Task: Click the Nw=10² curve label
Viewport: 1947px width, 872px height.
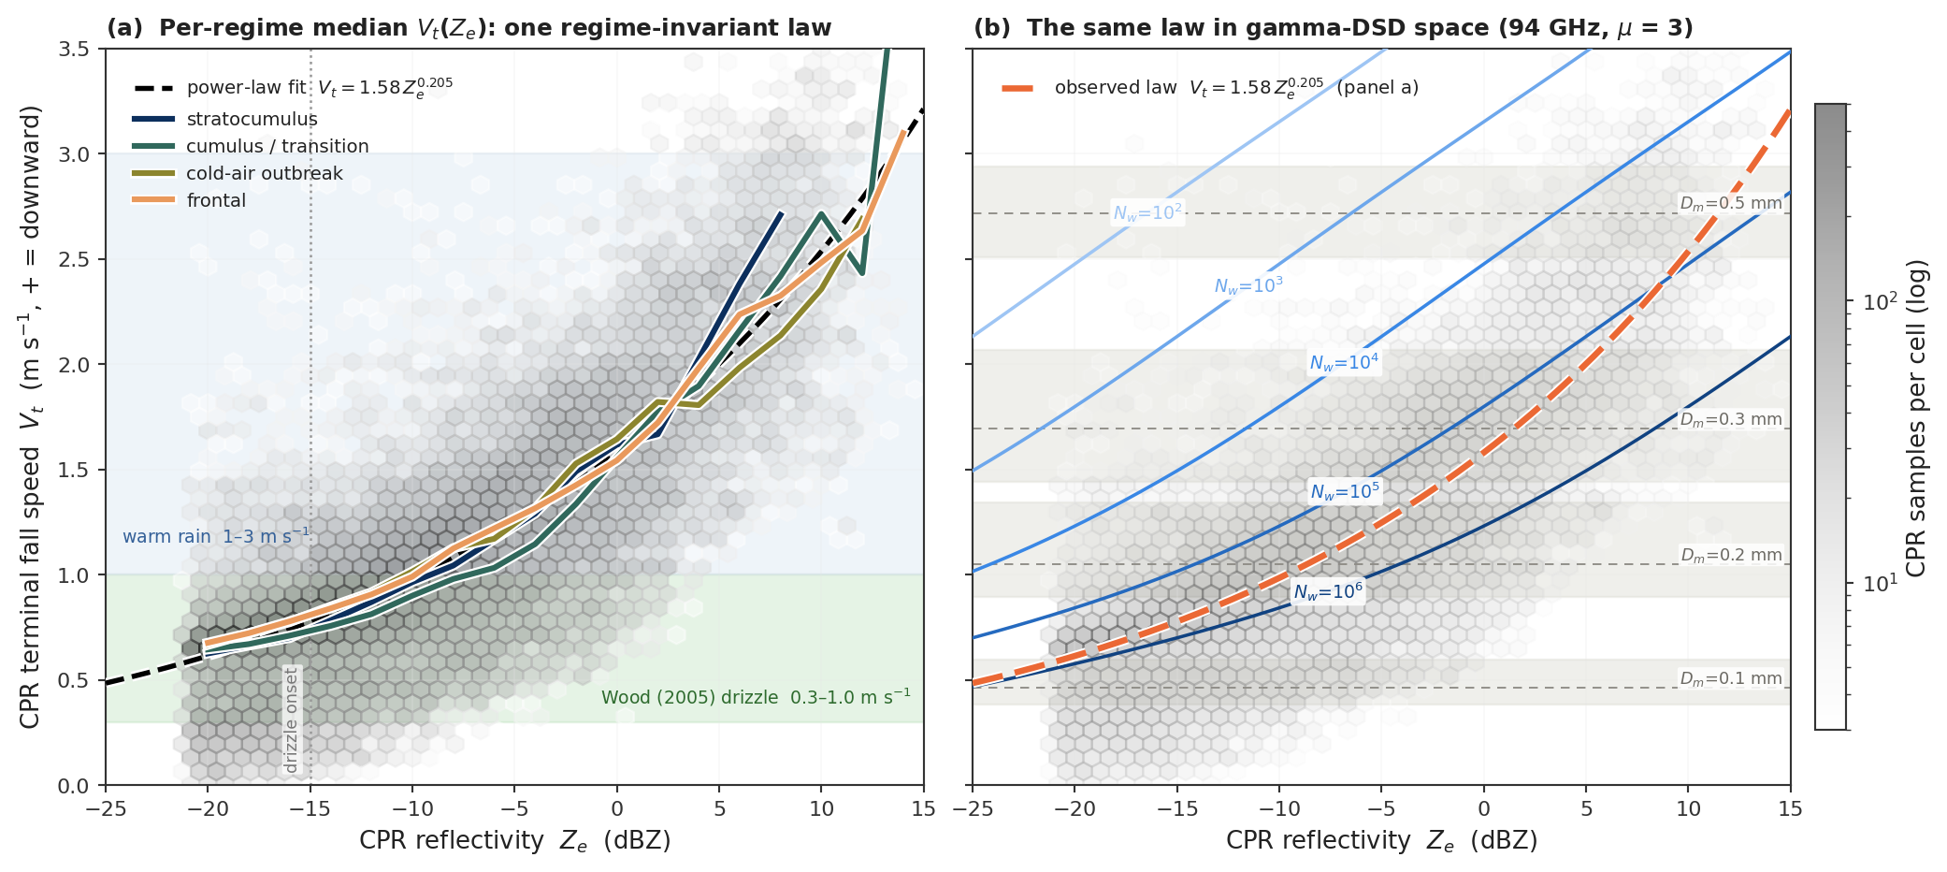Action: [x=1147, y=213]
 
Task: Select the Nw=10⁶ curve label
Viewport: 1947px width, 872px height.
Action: [x=1328, y=591]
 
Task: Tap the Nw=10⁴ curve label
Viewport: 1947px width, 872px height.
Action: [x=1344, y=363]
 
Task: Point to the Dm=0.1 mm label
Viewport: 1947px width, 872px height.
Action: [x=1731, y=678]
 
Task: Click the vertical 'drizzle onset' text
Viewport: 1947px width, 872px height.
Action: [x=291, y=720]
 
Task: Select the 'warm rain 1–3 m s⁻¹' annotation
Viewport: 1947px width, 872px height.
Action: [x=216, y=536]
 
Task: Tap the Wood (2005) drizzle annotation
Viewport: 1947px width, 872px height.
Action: [x=756, y=697]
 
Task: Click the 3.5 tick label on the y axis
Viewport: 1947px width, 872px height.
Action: [x=74, y=49]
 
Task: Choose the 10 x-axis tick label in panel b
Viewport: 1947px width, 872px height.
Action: [x=1689, y=808]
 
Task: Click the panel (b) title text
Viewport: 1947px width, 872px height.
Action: [x=1334, y=27]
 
